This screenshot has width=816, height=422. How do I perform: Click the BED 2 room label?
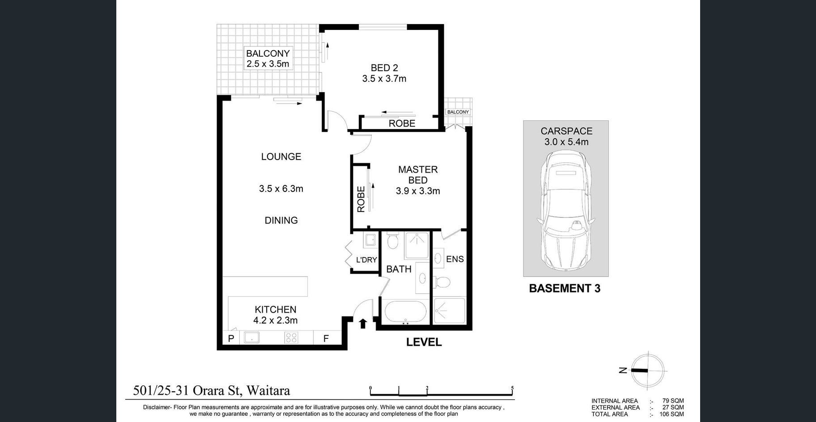(x=384, y=68)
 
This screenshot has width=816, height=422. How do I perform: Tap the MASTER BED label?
(x=418, y=175)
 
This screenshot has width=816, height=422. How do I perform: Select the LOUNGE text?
(x=281, y=156)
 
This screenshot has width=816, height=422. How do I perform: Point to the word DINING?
(x=281, y=220)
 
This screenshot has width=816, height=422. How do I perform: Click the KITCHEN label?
(x=276, y=309)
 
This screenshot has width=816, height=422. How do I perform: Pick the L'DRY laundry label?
(x=366, y=260)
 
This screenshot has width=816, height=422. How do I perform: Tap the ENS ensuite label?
(x=455, y=259)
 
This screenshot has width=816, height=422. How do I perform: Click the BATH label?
(x=399, y=269)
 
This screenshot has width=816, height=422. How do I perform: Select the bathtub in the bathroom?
(x=405, y=311)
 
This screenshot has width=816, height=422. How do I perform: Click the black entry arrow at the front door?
(x=363, y=323)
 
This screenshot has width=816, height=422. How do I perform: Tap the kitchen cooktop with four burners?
(x=291, y=338)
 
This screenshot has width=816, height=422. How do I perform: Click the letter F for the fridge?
(x=326, y=338)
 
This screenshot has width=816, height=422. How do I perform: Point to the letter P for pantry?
(x=231, y=338)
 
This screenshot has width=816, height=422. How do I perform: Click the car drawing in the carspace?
(x=565, y=210)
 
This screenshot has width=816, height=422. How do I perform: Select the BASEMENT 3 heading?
(x=565, y=288)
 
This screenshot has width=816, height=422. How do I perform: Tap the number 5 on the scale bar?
(x=512, y=388)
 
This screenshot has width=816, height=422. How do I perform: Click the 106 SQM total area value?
(x=671, y=414)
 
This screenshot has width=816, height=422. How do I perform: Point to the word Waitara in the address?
(x=268, y=391)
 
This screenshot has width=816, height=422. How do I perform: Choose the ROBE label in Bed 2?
(x=402, y=123)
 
